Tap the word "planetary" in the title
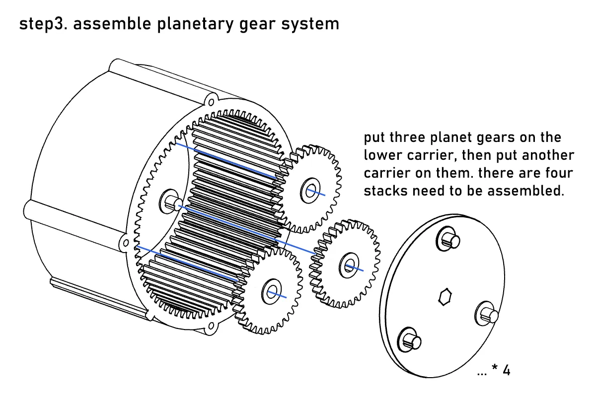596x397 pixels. pos(196,24)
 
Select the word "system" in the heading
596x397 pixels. pos(310,24)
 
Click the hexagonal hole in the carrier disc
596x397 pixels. pos(445,296)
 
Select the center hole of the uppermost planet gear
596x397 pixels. pos(310,191)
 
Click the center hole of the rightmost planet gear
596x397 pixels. pos(349,265)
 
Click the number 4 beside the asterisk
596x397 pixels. pos(506,370)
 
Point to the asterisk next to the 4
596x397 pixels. pos(494,368)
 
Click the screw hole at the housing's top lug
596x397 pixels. pos(211,102)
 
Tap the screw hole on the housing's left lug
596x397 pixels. pos(126,243)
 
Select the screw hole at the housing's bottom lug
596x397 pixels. pos(211,325)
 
